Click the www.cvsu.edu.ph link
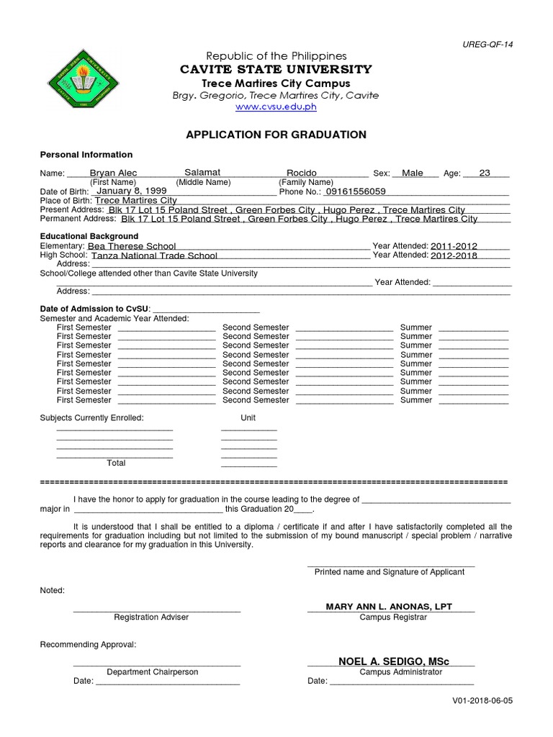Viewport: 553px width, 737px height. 276,107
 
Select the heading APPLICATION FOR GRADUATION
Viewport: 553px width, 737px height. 276,135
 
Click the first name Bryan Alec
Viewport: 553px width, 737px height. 113,173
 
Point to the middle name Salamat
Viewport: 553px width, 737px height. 202,173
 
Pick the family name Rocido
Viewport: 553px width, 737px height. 302,173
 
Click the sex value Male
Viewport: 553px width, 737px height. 413,173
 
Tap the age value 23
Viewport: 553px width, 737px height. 485,173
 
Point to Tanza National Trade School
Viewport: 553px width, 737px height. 154,256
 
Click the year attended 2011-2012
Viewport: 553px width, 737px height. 454,246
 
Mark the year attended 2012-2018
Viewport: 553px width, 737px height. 454,256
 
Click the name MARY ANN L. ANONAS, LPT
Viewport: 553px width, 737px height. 389,607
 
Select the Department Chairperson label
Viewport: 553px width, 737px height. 153,672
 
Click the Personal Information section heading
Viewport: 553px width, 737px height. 86,155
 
